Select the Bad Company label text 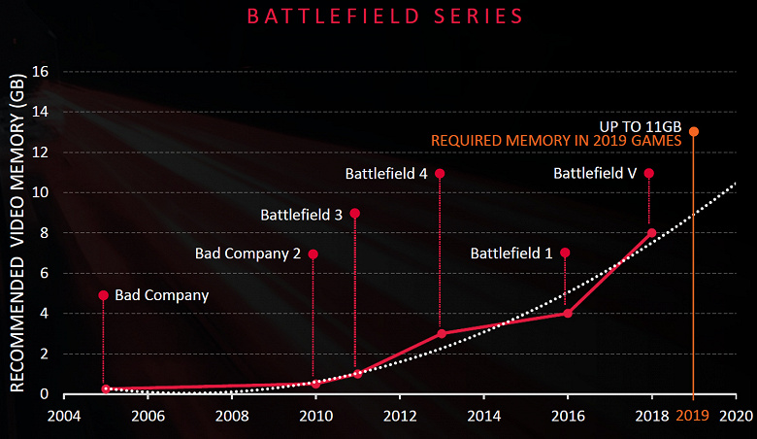pos(161,294)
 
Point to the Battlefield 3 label pos(301,215)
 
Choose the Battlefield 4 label pos(387,174)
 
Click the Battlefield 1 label pos(511,253)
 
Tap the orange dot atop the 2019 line pos(693,131)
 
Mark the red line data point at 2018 pos(651,232)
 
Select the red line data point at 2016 pos(567,313)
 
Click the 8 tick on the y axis pos(43,232)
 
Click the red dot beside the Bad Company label pos(103,294)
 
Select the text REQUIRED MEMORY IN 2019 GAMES pos(556,141)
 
